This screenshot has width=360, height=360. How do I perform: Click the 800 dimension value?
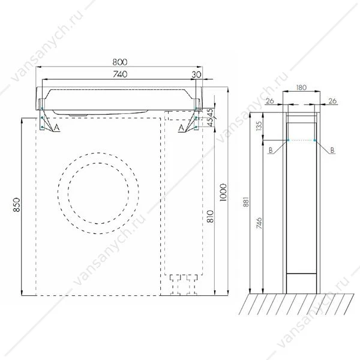120,62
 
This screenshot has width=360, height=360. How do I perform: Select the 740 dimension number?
121,74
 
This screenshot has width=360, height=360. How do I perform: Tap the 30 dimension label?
196,74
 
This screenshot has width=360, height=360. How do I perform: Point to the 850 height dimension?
17,205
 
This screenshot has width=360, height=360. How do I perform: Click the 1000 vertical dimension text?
223,193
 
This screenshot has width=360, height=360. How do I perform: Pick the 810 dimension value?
211,216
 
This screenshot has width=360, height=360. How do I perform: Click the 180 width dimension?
301,88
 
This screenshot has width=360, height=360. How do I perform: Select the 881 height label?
246,202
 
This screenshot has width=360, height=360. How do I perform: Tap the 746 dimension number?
259,223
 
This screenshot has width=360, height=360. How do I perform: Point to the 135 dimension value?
259,126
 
